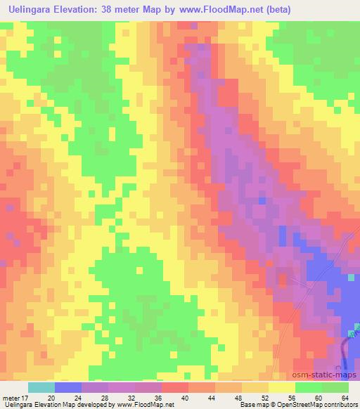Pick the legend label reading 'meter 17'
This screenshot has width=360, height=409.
14,397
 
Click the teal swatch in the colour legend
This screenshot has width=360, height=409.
41,387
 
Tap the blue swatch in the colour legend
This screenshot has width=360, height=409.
68,387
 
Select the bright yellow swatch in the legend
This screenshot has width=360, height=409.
282,387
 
